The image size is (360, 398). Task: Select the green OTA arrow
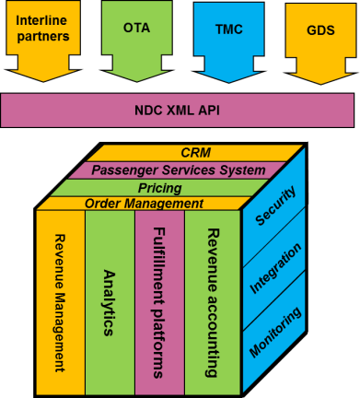coord(135,37)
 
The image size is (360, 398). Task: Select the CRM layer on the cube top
coord(197,152)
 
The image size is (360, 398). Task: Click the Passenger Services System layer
coord(191,170)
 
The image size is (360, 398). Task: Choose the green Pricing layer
coord(166,187)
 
